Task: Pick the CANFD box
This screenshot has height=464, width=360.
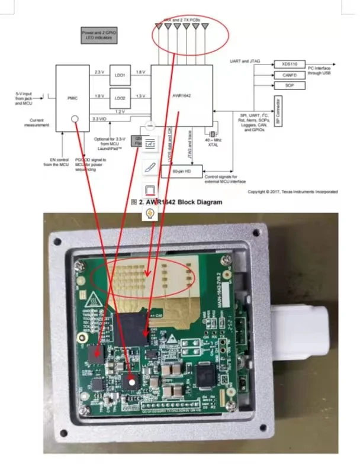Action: click(290, 75)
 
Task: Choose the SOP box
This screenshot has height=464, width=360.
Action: click(290, 86)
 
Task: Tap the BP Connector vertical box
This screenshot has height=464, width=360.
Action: click(278, 112)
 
